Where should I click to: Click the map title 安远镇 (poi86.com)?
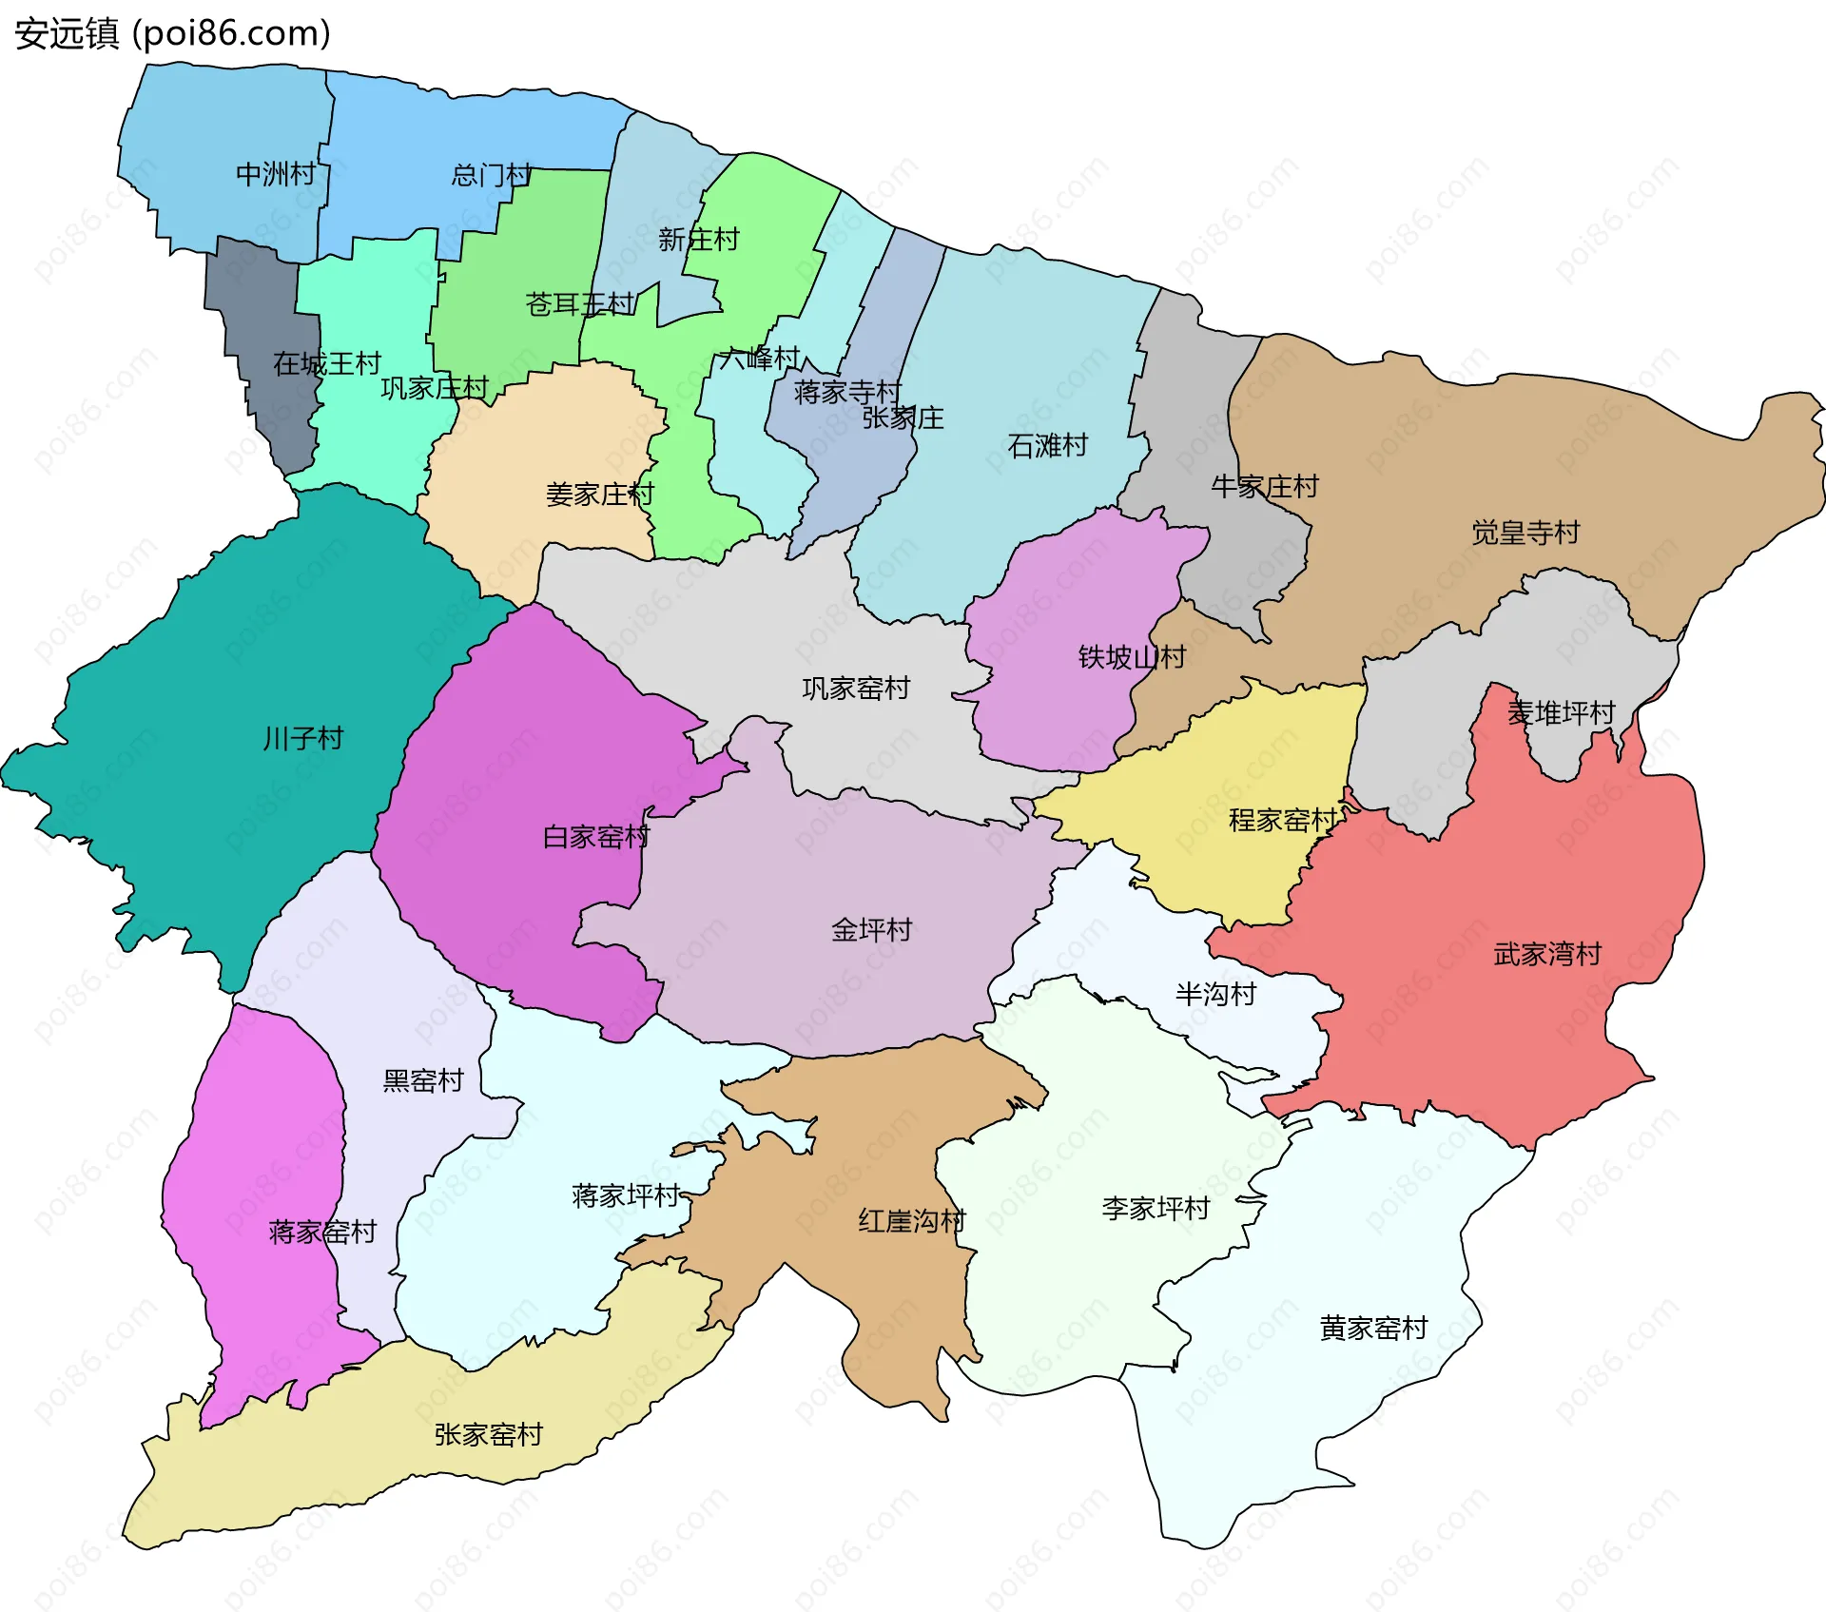(172, 33)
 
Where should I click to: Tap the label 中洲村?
(276, 174)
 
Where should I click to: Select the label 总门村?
(491, 175)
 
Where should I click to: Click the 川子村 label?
(302, 738)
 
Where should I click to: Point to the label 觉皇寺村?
(1525, 532)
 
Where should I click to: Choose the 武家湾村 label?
(1547, 953)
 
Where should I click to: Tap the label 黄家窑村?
(1373, 1328)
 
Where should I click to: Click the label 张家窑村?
(488, 1434)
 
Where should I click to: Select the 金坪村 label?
(871, 929)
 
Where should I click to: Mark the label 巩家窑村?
(856, 688)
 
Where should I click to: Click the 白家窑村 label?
(595, 837)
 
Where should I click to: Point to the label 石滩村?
(1047, 445)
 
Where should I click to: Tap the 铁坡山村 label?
(1132, 656)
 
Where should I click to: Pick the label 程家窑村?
(1282, 820)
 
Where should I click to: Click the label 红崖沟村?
(912, 1220)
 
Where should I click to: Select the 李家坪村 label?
(1156, 1208)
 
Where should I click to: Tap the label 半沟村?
(1215, 994)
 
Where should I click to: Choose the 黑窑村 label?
(422, 1080)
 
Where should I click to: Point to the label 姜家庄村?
(599, 495)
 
